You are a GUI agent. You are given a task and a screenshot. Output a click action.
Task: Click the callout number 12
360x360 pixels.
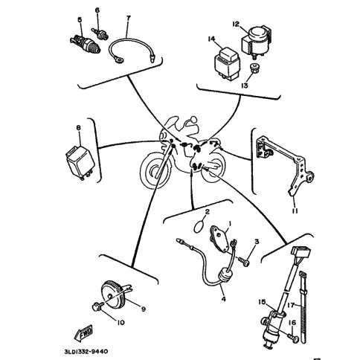236,25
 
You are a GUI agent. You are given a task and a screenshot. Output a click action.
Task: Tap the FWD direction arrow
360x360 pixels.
83,332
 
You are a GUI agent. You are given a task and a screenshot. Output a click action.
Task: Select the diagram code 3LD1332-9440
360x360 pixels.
86,352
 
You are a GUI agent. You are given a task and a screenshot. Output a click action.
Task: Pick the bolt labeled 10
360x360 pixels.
97,307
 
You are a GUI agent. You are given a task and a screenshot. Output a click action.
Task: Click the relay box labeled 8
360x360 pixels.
80,161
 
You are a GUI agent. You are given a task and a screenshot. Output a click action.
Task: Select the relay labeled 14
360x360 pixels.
226,63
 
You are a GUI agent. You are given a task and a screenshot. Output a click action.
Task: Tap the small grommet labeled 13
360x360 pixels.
253,68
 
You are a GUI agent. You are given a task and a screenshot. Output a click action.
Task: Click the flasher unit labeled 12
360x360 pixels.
257,42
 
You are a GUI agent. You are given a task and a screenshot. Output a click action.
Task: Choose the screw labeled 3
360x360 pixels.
244,262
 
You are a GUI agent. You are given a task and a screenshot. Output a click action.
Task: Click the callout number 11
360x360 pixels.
295,211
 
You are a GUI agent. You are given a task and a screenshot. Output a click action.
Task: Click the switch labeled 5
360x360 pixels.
85,44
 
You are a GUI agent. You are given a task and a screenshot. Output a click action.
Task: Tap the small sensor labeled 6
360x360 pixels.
100,34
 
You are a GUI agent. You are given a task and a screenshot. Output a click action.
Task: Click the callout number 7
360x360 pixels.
128,18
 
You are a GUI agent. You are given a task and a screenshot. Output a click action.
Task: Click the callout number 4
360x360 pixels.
224,299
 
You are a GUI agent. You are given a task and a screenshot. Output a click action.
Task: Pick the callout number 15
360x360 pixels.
262,302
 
